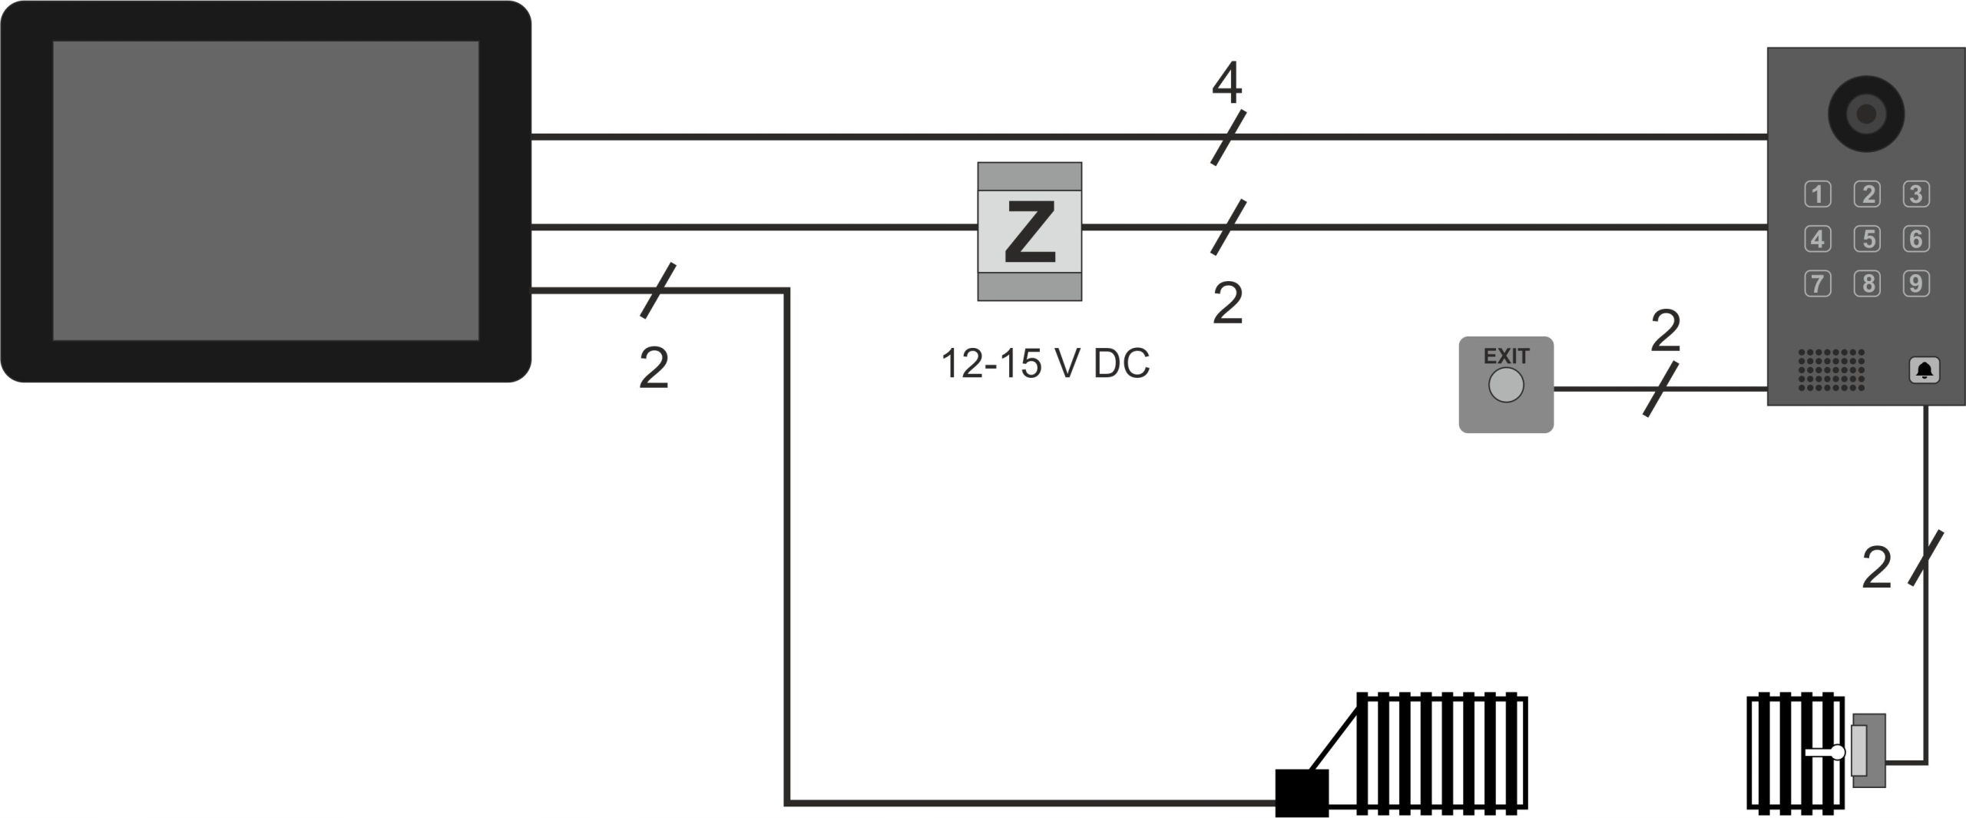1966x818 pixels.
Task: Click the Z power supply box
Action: click(x=1029, y=231)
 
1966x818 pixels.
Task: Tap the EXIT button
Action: click(x=1505, y=385)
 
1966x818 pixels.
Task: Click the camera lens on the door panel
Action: click(x=1865, y=114)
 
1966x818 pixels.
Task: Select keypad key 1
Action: click(x=1817, y=194)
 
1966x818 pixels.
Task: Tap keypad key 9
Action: click(x=1915, y=283)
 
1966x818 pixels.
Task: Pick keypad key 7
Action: click(x=1817, y=283)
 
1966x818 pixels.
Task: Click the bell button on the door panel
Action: click(x=1924, y=371)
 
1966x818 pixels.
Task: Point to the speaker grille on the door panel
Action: click(x=1831, y=369)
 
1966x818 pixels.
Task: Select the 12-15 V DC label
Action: click(x=1045, y=363)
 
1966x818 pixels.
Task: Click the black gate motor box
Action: click(x=1302, y=793)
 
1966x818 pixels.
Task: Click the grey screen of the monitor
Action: click(x=266, y=190)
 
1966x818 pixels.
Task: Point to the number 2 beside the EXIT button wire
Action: click(x=1665, y=331)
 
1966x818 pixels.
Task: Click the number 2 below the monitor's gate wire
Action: click(x=654, y=369)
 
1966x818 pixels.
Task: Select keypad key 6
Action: click(x=1915, y=239)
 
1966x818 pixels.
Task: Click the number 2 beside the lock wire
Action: click(x=1876, y=569)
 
